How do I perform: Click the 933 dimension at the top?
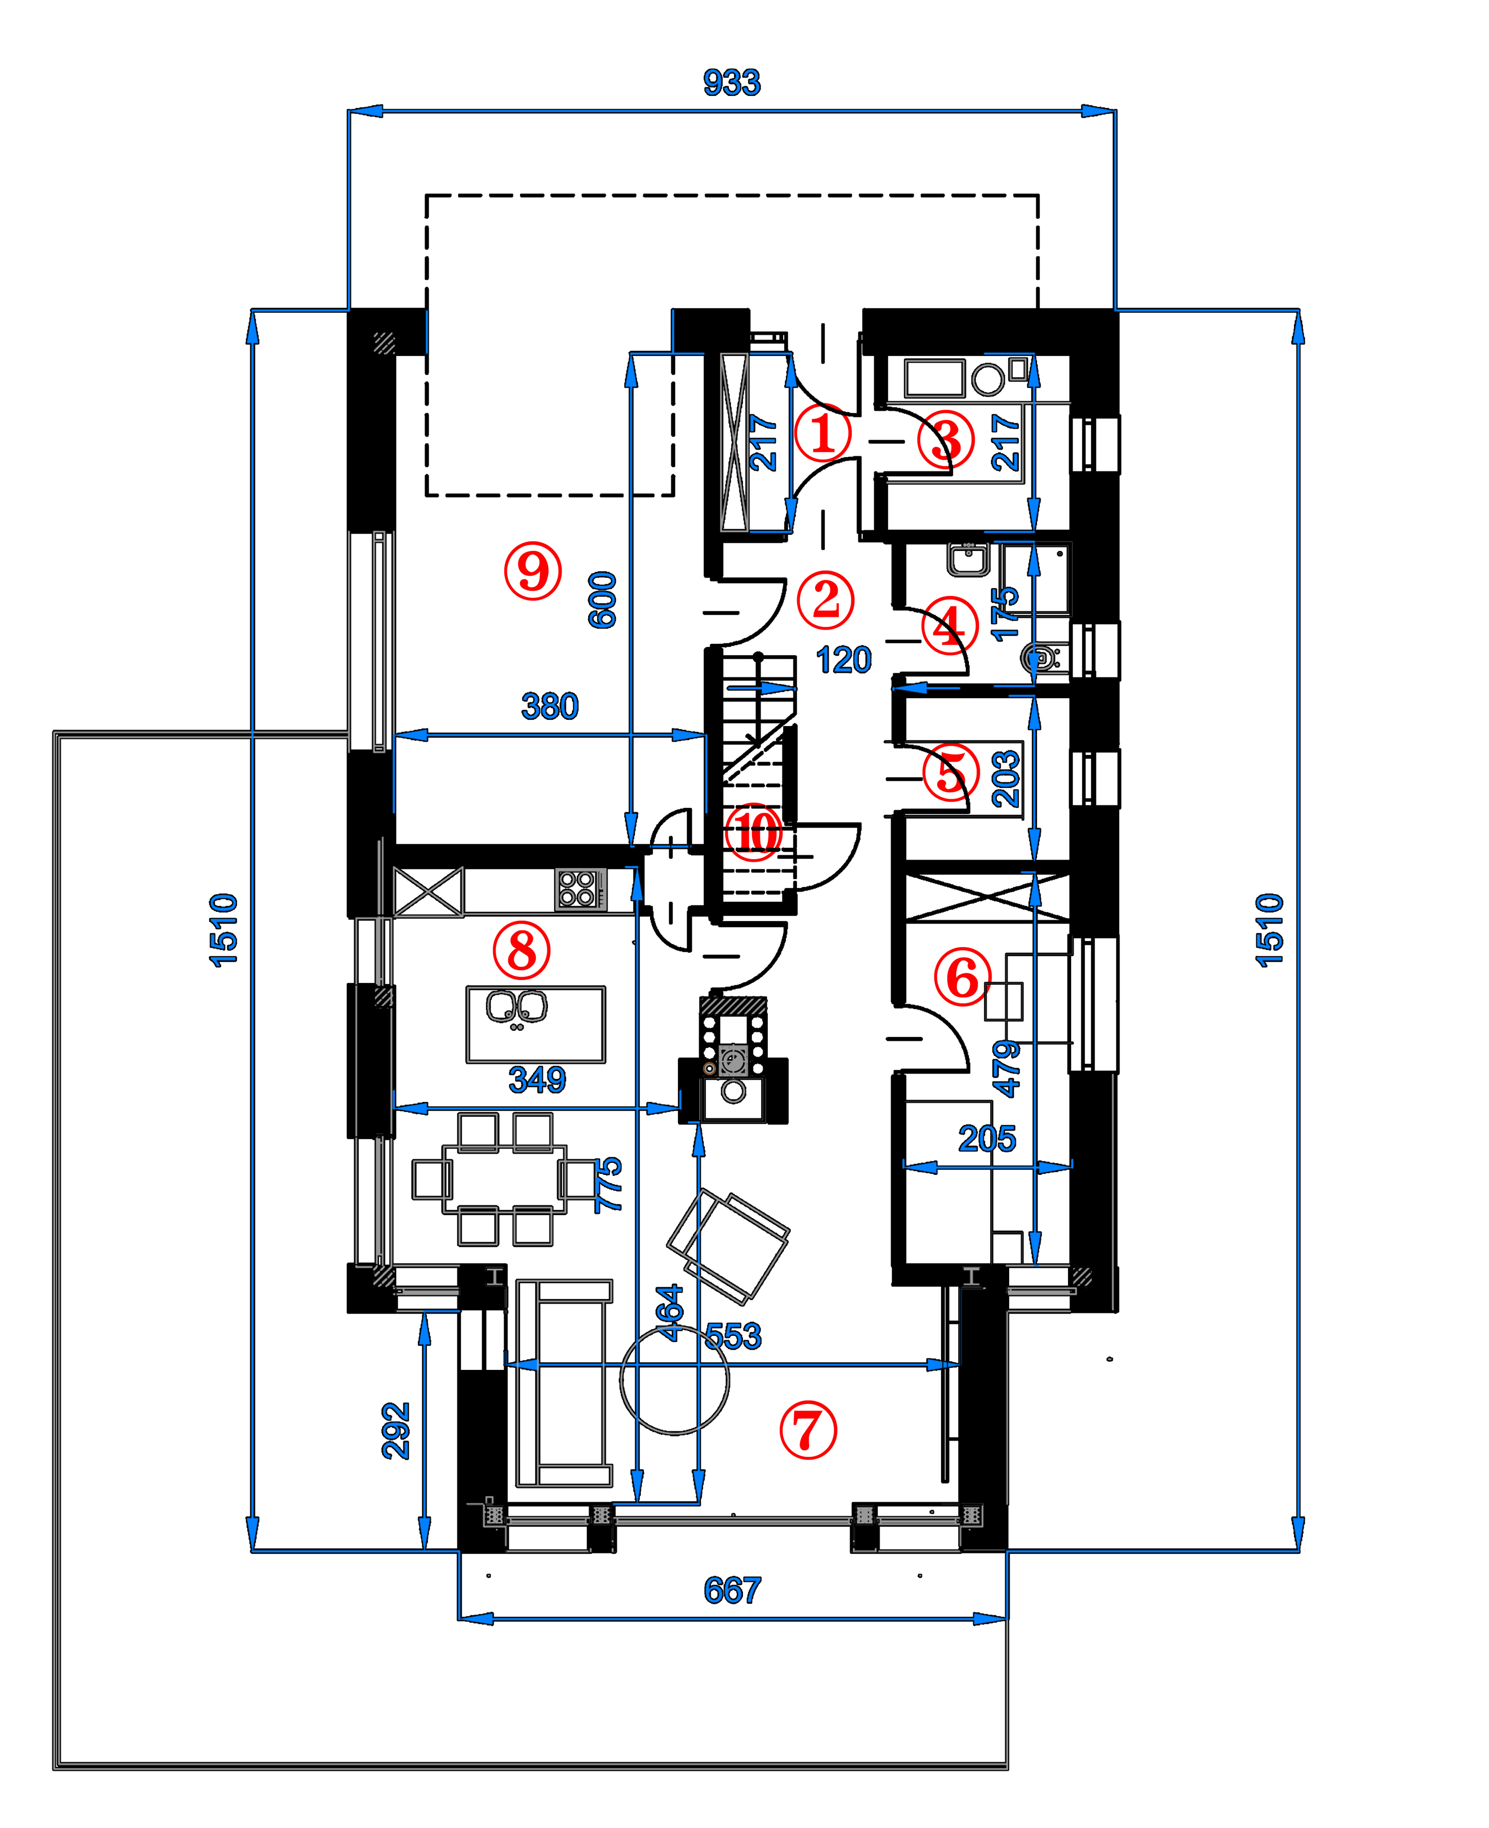[x=732, y=83]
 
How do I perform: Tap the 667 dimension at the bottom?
[x=732, y=1590]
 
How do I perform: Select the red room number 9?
[x=532, y=571]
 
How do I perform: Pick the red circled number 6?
[x=962, y=976]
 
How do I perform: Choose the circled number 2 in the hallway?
[x=825, y=598]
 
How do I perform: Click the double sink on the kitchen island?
[x=516, y=1008]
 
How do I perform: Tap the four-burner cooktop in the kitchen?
[x=576, y=888]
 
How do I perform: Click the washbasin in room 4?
[x=968, y=559]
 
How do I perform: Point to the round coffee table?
[x=674, y=1381]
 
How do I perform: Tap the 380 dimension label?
[x=550, y=706]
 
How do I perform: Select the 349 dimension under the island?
[x=537, y=1079]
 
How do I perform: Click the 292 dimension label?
[x=395, y=1430]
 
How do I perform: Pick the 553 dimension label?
[x=733, y=1336]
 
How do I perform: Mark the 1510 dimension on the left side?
[x=223, y=931]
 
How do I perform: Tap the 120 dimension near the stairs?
[x=844, y=660]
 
